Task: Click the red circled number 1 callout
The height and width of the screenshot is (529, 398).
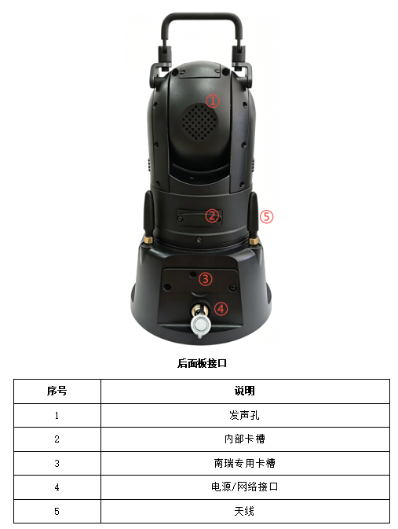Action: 213,101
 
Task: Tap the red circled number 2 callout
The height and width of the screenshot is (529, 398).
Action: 212,216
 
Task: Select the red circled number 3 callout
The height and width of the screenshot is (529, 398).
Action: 205,279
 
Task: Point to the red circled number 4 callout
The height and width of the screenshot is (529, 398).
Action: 221,308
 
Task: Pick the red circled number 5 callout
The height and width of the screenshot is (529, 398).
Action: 266,216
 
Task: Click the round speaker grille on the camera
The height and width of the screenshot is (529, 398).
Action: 199,122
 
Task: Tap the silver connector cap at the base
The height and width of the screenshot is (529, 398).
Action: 200,325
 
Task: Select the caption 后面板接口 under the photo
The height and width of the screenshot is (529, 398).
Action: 202,363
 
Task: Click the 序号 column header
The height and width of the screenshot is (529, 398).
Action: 57,391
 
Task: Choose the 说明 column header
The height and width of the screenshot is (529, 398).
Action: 245,391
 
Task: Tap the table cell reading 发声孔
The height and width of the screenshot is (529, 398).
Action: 244,415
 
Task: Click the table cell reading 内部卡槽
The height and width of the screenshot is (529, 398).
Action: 245,439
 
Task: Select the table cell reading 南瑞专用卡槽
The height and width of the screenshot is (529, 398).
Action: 245,463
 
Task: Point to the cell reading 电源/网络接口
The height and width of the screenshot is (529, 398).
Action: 245,487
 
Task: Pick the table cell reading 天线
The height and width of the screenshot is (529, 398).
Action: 244,511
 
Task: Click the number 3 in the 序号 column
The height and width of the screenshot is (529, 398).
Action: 57,463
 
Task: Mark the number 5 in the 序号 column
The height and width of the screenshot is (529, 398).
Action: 57,512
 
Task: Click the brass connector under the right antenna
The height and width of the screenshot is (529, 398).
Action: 254,241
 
